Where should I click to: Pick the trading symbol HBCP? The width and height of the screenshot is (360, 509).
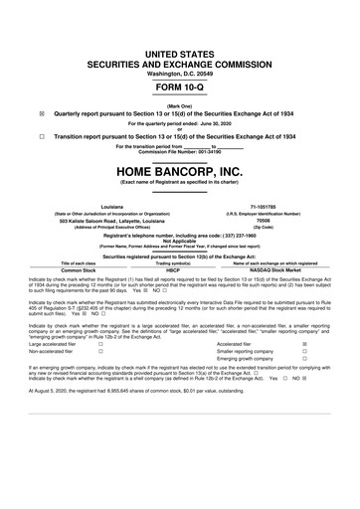(179, 269)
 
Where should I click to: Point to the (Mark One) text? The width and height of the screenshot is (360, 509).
(179, 104)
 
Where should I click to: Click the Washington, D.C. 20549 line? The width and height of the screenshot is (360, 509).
(179, 46)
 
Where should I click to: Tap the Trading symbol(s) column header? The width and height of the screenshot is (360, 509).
(179, 262)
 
